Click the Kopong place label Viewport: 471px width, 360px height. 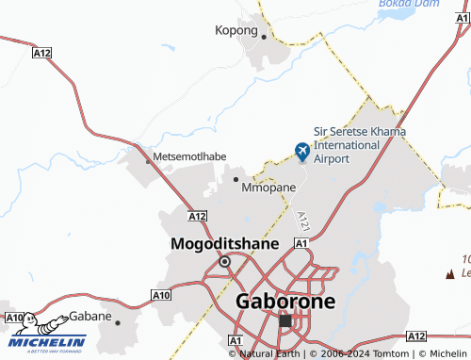click(235, 30)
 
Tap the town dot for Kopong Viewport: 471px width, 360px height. click(265, 38)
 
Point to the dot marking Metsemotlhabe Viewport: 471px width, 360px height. click(148, 161)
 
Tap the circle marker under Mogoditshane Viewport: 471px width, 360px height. click(224, 261)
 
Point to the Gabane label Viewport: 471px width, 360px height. click(89, 315)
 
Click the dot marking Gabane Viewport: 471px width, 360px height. click(118, 321)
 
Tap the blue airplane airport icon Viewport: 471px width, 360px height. click(302, 151)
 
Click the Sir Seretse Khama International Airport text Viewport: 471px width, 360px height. click(359, 145)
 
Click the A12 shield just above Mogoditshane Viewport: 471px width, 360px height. click(197, 216)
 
